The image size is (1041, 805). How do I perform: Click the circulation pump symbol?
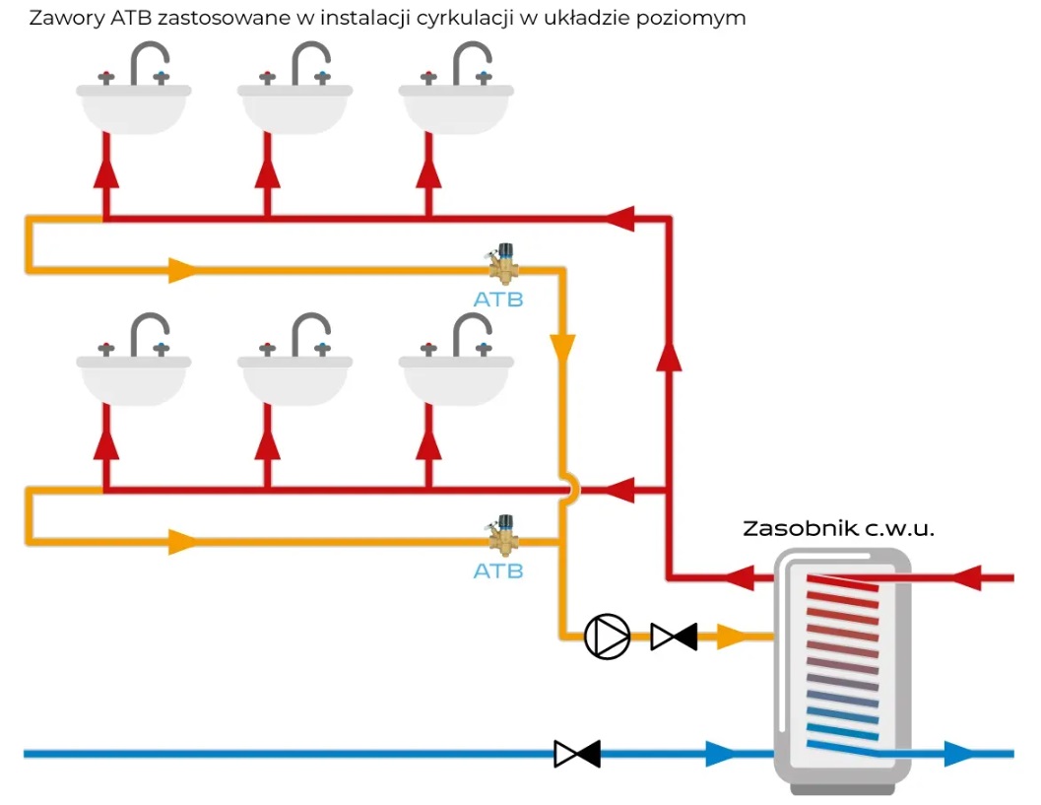coord(607,637)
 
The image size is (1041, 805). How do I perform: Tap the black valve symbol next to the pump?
coord(674,637)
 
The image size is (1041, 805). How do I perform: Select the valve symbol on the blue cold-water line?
coord(577,755)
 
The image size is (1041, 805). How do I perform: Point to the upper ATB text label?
coord(498,300)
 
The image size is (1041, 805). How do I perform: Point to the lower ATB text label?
coord(498,571)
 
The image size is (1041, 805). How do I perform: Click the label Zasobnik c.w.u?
coord(838,529)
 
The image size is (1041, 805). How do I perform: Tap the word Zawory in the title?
coord(61,18)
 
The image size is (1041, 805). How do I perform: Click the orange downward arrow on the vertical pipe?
coord(562,348)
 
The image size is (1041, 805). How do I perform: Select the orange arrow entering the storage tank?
coord(732,637)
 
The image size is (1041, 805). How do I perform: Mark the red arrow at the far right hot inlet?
coord(966,576)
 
